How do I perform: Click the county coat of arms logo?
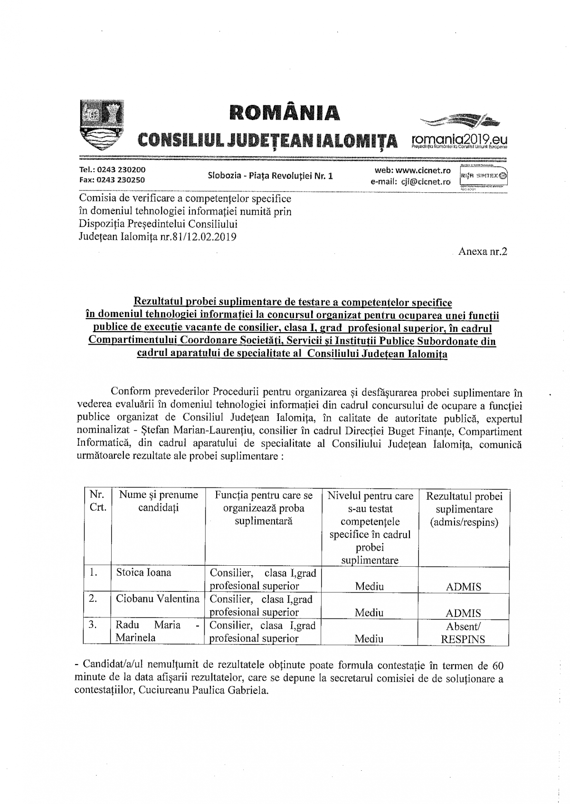coord(101,125)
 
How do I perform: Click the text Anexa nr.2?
coord(483,252)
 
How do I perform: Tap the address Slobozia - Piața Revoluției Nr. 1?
coord(270,176)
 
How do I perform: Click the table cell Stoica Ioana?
coord(143,572)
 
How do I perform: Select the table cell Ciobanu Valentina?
coord(158,599)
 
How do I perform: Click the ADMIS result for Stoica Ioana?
coord(464,587)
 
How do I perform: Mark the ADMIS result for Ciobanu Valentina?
coord(464,613)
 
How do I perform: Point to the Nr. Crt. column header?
coord(97,501)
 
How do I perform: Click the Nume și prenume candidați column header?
coord(158,501)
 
